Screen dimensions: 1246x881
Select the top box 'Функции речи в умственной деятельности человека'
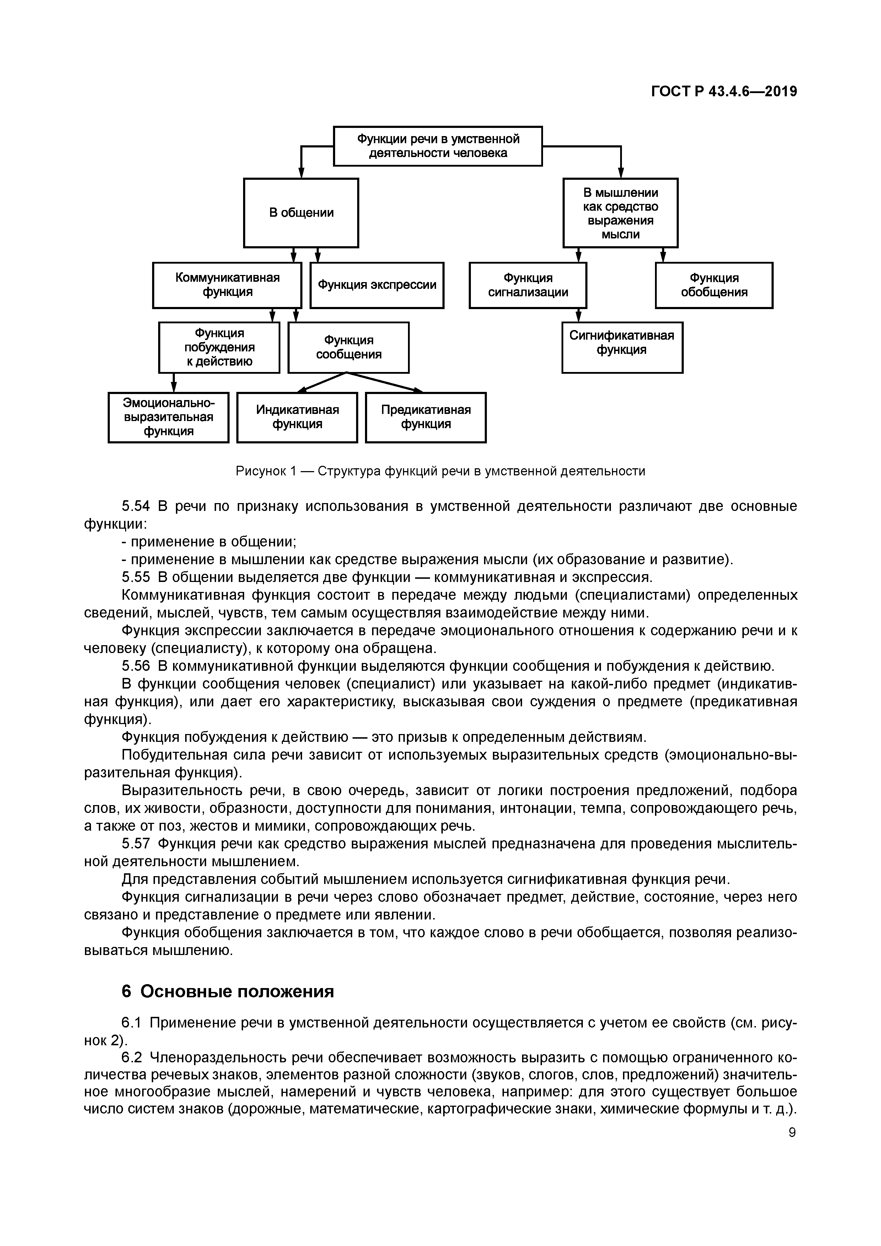tap(437, 146)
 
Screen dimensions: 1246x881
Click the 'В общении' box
tap(301, 213)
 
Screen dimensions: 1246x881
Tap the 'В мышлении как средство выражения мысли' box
tap(621, 213)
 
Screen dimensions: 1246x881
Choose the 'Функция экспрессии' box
tap(377, 285)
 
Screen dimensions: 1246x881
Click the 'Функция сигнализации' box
tap(528, 285)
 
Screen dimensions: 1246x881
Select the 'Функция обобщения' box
tap(714, 285)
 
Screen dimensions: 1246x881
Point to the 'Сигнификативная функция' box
tap(622, 347)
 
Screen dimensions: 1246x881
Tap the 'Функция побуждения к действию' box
tap(219, 347)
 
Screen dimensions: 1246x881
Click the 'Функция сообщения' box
tap(349, 347)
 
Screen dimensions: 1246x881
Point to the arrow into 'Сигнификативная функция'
tap(578, 315)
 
